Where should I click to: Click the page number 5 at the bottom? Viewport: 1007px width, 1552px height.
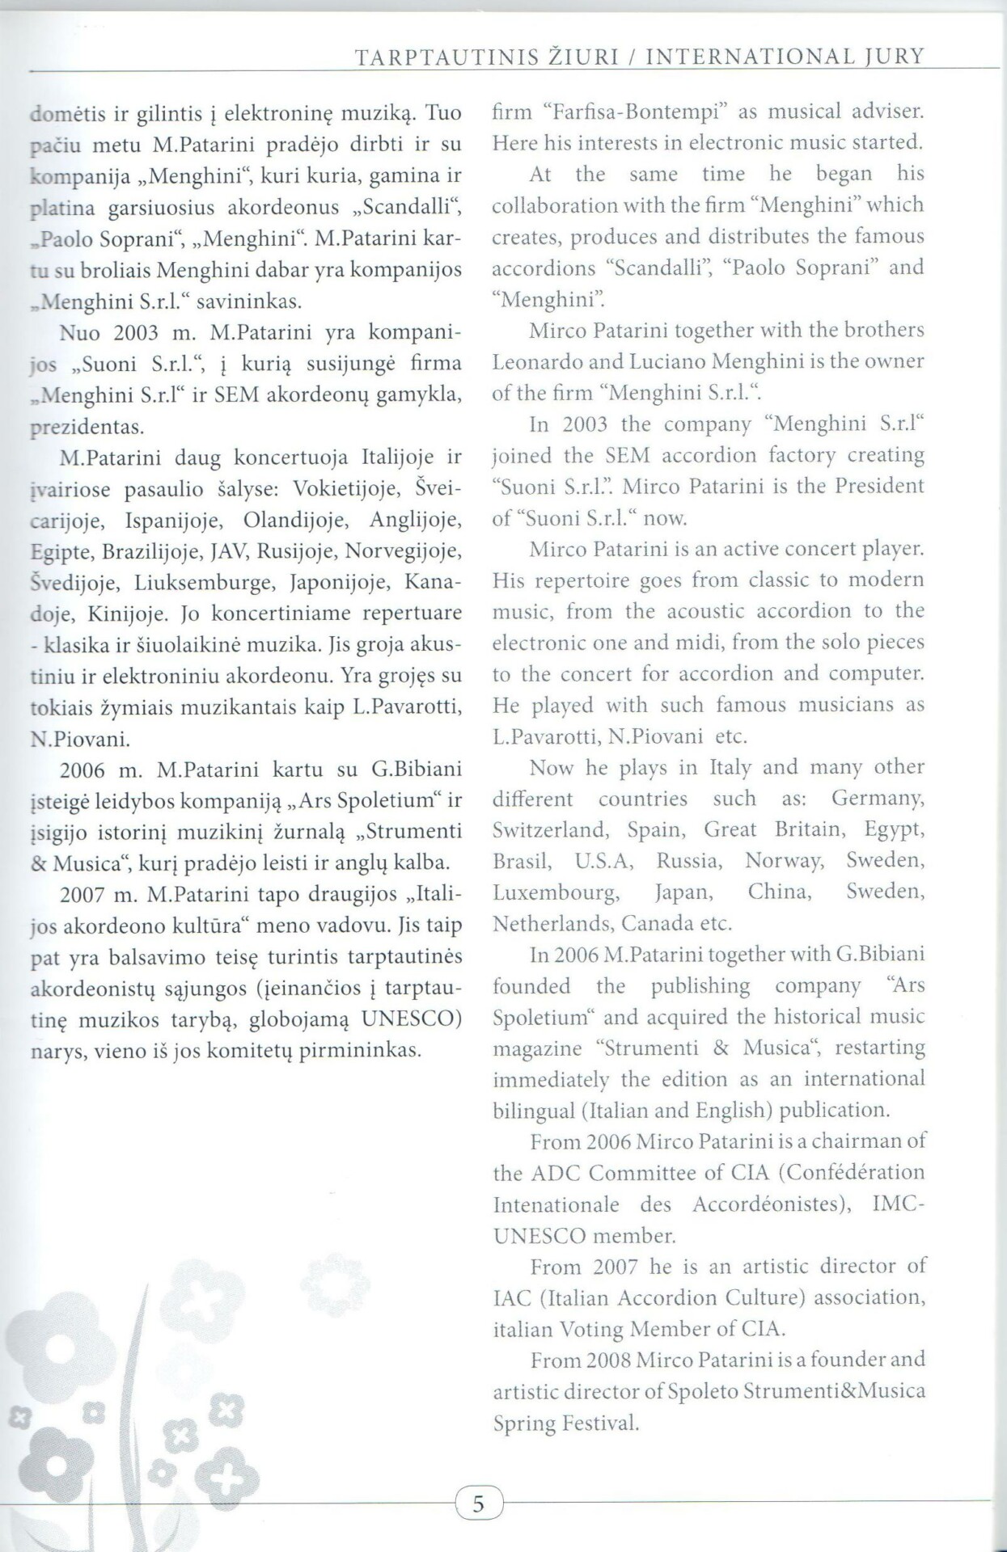(x=478, y=1504)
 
